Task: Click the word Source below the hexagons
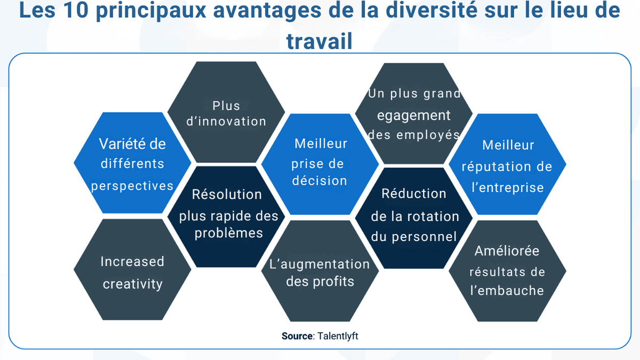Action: [x=298, y=336]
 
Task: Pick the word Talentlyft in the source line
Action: [x=337, y=336]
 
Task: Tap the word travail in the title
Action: [x=319, y=41]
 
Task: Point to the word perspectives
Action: [x=132, y=186]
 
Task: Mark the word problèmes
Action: [x=229, y=234]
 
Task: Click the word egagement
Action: [x=414, y=115]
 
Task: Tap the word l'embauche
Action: [x=507, y=291]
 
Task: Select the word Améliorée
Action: [x=507, y=251]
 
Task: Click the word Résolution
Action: [x=227, y=195]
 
